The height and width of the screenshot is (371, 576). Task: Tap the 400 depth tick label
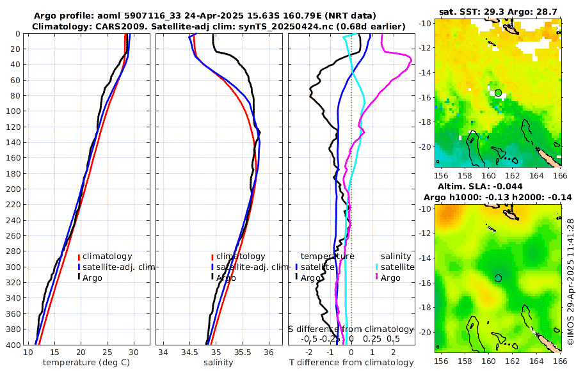[12, 345]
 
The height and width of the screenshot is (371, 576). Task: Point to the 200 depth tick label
[12, 189]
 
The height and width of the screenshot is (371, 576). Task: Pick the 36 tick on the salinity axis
[268, 352]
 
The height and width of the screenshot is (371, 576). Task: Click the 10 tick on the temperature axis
[28, 352]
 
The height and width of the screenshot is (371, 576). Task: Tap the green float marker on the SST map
[498, 93]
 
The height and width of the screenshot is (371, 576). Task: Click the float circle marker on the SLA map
[498, 278]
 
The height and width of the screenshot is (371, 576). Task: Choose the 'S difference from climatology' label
[351, 328]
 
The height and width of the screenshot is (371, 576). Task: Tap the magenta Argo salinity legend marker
[377, 278]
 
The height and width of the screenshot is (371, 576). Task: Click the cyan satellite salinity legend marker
[377, 267]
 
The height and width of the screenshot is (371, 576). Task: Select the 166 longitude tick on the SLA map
[560, 361]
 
